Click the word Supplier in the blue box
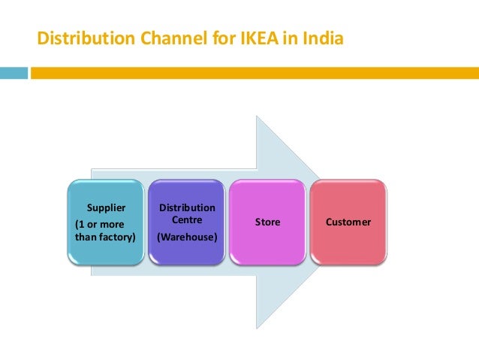point(107,207)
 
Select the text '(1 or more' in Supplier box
point(101,224)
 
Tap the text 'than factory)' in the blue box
point(106,237)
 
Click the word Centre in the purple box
point(187,219)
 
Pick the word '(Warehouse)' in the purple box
point(187,237)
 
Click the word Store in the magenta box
point(268,222)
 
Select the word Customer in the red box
point(348,222)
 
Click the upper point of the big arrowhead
point(257,117)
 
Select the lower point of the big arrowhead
point(257,327)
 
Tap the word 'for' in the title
point(218,38)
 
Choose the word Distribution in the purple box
point(187,207)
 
